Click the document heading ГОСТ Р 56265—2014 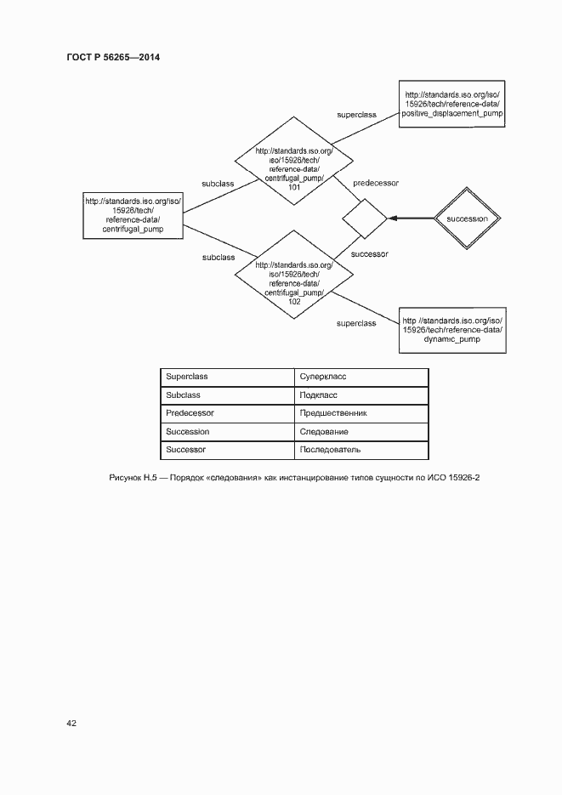pyautogui.click(x=112, y=58)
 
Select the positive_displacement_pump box pyautogui.click(x=452, y=103)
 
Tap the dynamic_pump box pyautogui.click(x=452, y=329)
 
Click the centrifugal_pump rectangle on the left pyautogui.click(x=133, y=215)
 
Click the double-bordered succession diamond pyautogui.click(x=466, y=219)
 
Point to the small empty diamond pyautogui.click(x=364, y=219)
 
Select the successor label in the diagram pyautogui.click(x=369, y=254)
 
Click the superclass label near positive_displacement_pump pyautogui.click(x=357, y=113)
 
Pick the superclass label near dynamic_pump pyautogui.click(x=356, y=323)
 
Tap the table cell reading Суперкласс pyautogui.click(x=323, y=376)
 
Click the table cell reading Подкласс pyautogui.click(x=319, y=395)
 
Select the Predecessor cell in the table pyautogui.click(x=190, y=413)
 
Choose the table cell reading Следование pyautogui.click(x=324, y=432)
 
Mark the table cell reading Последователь pyautogui.click(x=330, y=450)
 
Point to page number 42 pyautogui.click(x=71, y=723)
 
